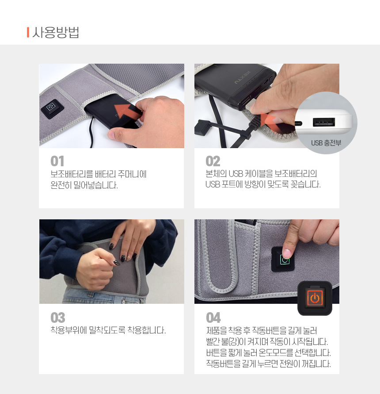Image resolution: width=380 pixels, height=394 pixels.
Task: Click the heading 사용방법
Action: coord(56,32)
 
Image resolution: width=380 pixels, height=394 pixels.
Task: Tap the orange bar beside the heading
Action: coord(28,32)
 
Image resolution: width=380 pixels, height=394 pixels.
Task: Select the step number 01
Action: coord(57,161)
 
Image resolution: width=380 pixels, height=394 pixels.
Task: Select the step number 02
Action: coord(213,161)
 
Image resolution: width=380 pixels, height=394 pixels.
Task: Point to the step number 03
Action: coord(58,317)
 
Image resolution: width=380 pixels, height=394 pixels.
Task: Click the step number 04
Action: coord(213,317)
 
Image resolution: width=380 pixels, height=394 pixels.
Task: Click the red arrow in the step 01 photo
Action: coord(126,111)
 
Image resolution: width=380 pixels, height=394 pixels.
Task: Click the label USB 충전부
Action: coord(326,143)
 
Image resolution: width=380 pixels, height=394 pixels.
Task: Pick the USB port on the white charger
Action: coord(324,122)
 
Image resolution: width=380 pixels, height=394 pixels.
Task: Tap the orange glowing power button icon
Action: coord(315,298)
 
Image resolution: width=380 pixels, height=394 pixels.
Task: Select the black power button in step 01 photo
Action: coord(52,108)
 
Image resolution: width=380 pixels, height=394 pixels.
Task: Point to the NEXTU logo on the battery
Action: coord(243,78)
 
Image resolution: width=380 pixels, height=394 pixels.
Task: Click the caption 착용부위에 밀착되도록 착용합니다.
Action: coord(108,330)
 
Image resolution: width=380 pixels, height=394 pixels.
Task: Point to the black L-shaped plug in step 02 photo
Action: coord(203,127)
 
